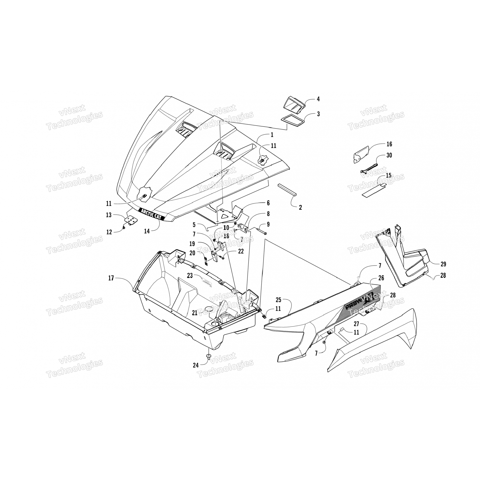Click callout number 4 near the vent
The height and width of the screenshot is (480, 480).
(x=318, y=99)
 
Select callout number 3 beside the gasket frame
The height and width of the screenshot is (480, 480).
(x=318, y=114)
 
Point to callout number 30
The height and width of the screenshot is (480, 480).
(x=389, y=155)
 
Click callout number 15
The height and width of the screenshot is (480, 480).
(x=388, y=175)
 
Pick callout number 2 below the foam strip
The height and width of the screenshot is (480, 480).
(x=300, y=207)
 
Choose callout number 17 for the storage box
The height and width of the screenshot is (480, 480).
(x=111, y=278)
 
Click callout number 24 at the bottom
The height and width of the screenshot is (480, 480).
(x=196, y=365)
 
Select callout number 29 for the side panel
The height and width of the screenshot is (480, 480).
(x=443, y=264)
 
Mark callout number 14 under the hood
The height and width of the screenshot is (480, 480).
(x=147, y=231)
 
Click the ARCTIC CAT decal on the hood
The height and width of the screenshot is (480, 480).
(x=151, y=214)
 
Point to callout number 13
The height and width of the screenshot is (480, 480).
(x=109, y=215)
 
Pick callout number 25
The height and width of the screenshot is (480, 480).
(x=278, y=300)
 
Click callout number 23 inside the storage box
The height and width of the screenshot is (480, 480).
(x=190, y=275)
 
